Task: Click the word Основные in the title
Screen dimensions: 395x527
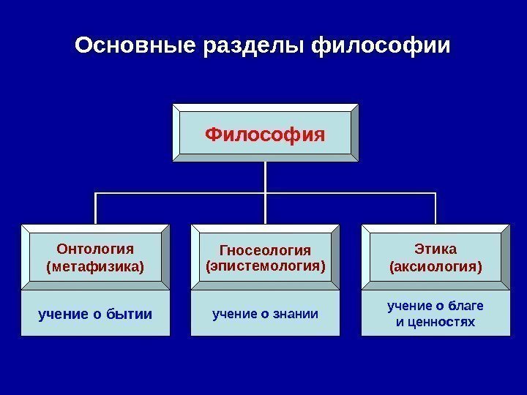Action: click(x=134, y=47)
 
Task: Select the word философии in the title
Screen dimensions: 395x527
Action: click(x=381, y=47)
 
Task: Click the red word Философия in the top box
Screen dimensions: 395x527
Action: click(x=265, y=135)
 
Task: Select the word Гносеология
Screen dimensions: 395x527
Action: click(x=265, y=250)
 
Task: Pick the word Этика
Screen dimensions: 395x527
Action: click(x=435, y=249)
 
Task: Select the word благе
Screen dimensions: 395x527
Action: click(x=469, y=305)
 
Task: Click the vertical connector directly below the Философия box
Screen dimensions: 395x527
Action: click(x=265, y=176)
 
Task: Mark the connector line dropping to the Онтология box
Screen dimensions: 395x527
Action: click(x=96, y=208)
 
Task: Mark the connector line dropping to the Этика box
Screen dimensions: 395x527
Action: click(x=436, y=208)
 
